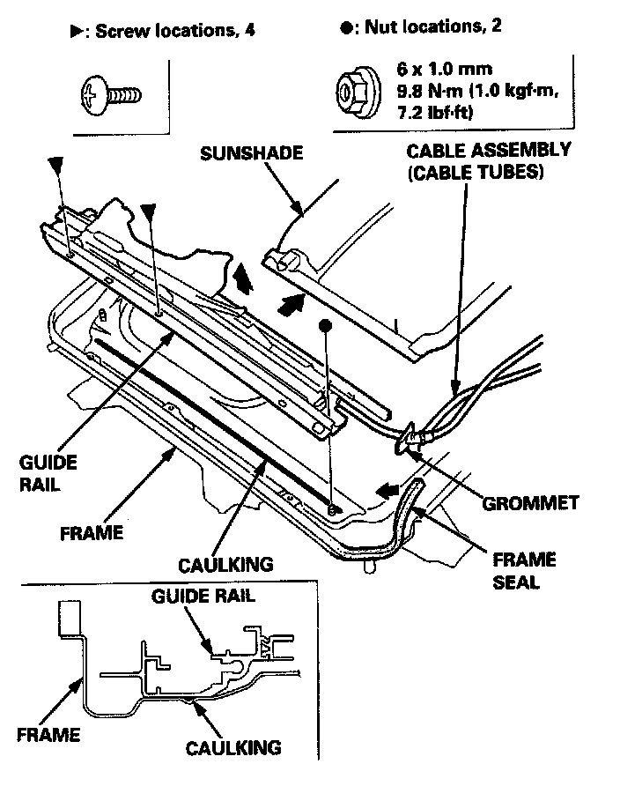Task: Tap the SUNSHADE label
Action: tap(251, 153)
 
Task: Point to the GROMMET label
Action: tap(531, 503)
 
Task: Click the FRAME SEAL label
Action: tap(523, 571)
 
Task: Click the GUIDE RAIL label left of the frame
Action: tap(48, 473)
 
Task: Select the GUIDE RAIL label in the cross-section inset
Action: tap(203, 595)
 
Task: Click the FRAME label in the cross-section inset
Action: tap(48, 735)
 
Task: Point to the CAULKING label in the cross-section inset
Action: tap(232, 748)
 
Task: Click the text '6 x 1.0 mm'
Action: tap(432, 68)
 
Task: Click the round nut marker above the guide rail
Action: tap(325, 325)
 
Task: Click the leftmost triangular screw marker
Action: tap(56, 164)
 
